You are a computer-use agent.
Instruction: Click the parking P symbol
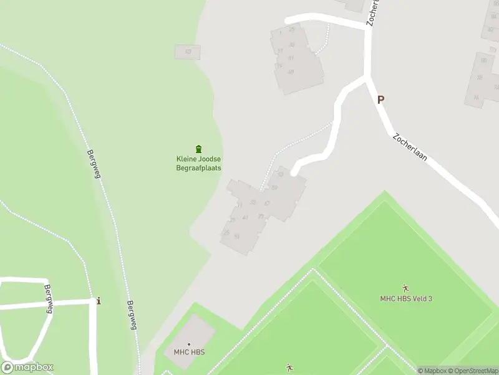(380, 99)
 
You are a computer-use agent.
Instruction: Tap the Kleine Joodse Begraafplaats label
(198, 163)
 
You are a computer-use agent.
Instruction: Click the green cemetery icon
(198, 149)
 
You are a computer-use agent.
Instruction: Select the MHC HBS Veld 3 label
(406, 298)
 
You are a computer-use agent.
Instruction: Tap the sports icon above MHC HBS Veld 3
(406, 288)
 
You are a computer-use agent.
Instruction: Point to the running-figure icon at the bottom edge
(289, 367)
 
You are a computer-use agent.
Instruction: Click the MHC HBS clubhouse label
(188, 352)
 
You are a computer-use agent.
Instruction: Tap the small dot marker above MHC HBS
(188, 344)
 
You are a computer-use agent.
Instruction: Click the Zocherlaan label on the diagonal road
(410, 147)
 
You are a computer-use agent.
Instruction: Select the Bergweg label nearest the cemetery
(94, 164)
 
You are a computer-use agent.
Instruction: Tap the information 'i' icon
(99, 301)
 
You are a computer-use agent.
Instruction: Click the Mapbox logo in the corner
(27, 367)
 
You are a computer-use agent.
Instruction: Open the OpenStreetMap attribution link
(472, 371)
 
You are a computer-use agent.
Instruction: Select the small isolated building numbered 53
(188, 52)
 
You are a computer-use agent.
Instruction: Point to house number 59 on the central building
(274, 187)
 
